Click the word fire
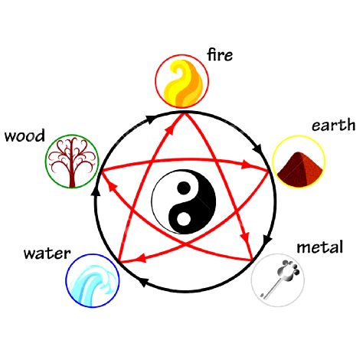pos(220,55)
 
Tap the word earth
pos(333,125)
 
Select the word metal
pos(319,247)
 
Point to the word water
pos(47,254)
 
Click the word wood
pos(25,136)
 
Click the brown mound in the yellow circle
pos(299,169)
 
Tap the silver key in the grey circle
pos(280,279)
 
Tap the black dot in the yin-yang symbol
pos(184,188)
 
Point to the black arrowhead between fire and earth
pos(258,149)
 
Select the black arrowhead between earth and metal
pos(267,239)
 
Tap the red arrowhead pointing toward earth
pos(247,165)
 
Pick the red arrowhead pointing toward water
pos(140,258)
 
